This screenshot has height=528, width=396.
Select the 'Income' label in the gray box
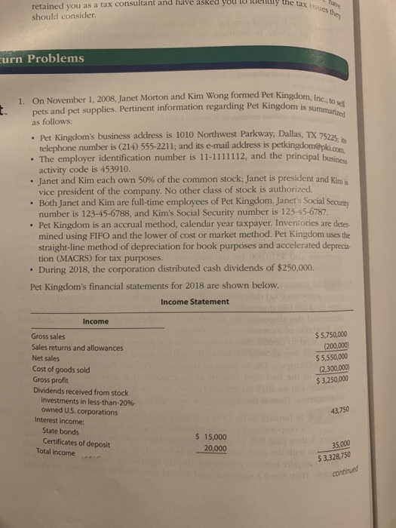[95, 321]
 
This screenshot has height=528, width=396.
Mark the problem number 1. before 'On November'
[24, 102]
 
